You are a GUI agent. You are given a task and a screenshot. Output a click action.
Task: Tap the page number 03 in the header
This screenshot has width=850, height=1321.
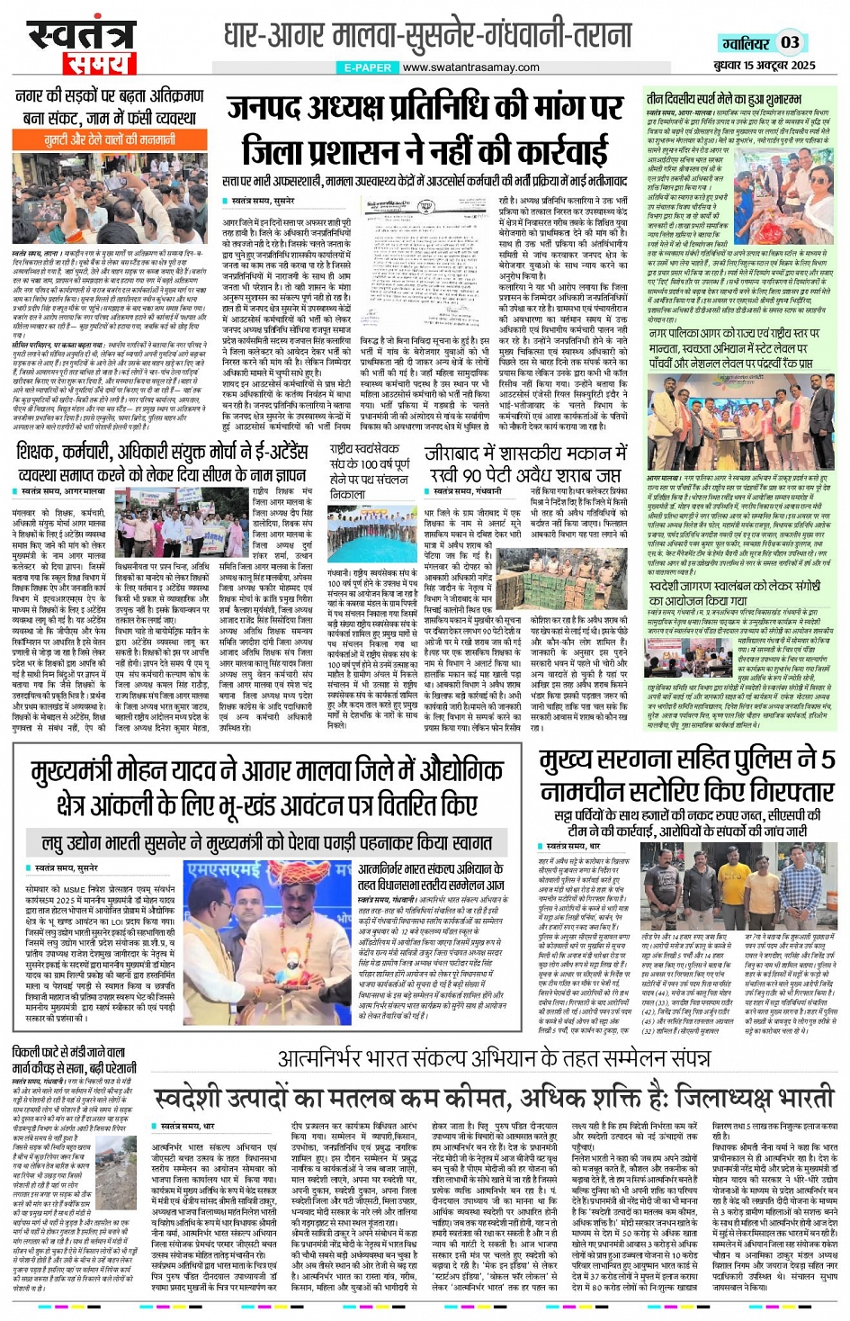coord(790,41)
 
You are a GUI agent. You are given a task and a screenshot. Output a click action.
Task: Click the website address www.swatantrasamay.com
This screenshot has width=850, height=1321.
coord(470,67)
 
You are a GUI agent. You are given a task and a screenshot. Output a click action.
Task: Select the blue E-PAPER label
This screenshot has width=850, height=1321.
coord(367,67)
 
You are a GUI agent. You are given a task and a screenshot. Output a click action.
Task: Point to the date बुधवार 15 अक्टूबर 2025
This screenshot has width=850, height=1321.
coord(765,65)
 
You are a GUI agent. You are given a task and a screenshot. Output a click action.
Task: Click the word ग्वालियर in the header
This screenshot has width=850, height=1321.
coord(746,43)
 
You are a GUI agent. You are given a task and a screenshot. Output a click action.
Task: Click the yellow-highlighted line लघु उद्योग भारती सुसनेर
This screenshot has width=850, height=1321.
coord(267,842)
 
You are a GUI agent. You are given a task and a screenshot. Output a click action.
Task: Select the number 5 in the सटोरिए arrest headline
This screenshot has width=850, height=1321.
coord(826,759)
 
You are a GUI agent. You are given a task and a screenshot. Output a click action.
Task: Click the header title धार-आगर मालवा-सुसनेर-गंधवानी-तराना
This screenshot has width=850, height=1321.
coord(427,36)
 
